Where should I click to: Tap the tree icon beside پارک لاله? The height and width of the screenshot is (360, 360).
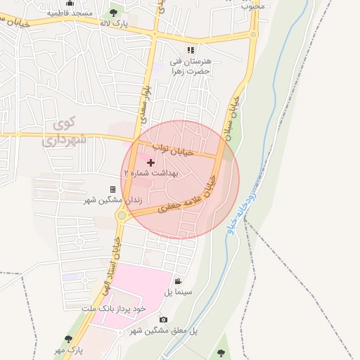113,13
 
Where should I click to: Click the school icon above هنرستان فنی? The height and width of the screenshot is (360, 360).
191,50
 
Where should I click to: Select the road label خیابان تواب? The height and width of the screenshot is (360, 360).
172,149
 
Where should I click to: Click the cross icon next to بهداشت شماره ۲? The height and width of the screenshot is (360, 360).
150,162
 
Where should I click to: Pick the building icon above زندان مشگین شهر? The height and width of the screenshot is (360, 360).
112,189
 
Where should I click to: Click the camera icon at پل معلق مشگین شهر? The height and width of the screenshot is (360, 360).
164,320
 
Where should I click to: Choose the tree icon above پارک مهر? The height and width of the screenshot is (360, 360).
68,339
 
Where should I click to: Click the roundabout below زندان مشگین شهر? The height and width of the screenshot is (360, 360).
122,216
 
